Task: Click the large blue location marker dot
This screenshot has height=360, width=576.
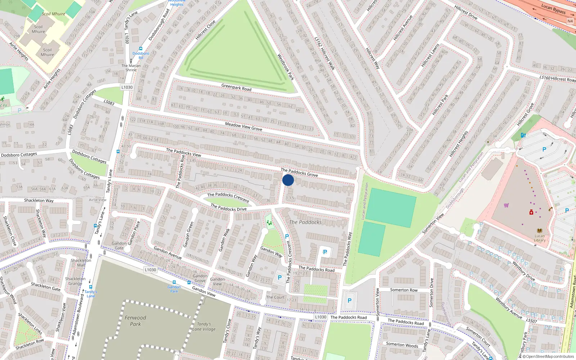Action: pos(288,180)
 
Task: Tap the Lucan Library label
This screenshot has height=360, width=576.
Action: pos(539,238)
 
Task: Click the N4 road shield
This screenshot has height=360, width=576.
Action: pos(570,21)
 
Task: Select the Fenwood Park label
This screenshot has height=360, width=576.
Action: pos(135,321)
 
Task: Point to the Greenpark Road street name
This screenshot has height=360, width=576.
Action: pos(236,87)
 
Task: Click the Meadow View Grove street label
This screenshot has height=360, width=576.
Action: pos(243,126)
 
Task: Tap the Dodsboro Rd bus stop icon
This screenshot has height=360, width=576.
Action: pos(140,49)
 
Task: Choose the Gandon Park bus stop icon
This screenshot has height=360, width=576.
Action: pos(174,283)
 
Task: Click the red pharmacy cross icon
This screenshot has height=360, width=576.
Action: pos(531,212)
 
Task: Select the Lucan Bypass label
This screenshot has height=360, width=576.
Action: pos(553,9)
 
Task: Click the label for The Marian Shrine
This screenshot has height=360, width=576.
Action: pos(131,68)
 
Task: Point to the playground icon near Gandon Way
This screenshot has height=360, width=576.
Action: pos(269,223)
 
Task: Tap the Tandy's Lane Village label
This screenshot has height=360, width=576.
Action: pos(204,327)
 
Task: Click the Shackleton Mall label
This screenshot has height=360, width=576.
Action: pos(81,262)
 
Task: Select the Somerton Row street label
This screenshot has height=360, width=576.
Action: pos(404,290)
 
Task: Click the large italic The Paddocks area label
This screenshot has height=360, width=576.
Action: pos(305,222)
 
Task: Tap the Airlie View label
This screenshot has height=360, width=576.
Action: pos(98,200)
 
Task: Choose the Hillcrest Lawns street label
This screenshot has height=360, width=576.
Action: pos(431,56)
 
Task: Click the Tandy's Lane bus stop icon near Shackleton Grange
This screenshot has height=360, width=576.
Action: pos(90,287)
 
